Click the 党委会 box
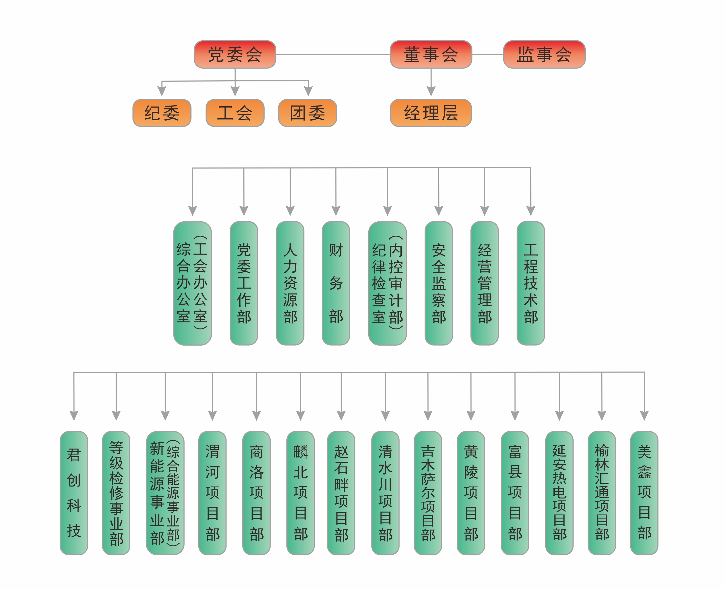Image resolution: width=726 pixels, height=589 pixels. tap(235, 54)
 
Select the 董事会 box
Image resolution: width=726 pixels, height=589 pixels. tap(431, 54)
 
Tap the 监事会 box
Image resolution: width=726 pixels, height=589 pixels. tap(544, 54)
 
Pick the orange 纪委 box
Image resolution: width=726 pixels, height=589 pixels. tap(162, 113)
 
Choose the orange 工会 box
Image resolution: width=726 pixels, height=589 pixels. tap(235, 113)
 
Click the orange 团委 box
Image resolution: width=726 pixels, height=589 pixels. tap(307, 113)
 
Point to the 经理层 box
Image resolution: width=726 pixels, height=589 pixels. tap(431, 113)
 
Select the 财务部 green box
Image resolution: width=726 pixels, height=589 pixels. tap(336, 283)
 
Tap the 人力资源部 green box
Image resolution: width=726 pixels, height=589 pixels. tap(290, 283)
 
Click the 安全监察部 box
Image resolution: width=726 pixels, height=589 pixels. tap(439, 283)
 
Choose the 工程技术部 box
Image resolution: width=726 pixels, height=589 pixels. tap(531, 283)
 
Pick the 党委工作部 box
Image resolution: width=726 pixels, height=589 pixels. tap(244, 283)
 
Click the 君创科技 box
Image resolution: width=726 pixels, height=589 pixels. tap(74, 493)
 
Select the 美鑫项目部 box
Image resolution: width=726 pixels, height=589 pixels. tap(644, 493)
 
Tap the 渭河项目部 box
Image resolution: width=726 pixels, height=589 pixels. tap(212, 493)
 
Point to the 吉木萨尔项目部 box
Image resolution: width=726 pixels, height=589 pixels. tap(428, 493)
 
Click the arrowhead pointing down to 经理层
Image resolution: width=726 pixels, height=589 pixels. tap(431, 91)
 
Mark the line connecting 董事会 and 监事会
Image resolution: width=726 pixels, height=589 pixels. tap(488, 54)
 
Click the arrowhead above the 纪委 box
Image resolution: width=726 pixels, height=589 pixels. tap(162, 91)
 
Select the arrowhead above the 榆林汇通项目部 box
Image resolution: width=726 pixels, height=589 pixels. tap(602, 415)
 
